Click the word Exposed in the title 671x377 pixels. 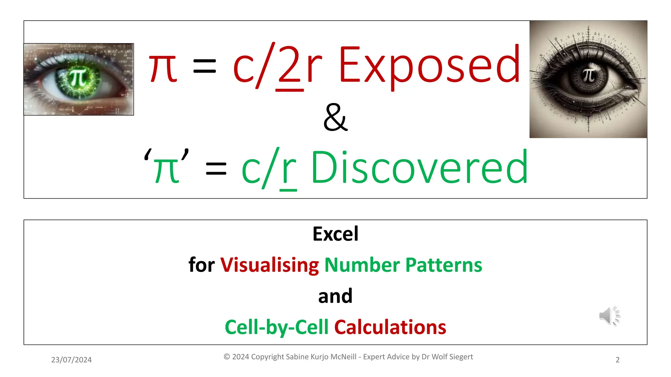[429, 65]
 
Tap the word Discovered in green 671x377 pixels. [419, 168]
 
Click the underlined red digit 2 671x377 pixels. [289, 65]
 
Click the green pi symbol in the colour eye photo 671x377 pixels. [78, 78]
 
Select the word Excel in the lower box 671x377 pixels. [335, 234]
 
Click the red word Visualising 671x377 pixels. [269, 265]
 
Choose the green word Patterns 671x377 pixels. [444, 265]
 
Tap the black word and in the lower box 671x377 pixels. [335, 296]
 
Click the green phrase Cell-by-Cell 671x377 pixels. [277, 327]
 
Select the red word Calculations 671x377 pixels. [390, 327]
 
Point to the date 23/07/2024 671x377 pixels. [71, 360]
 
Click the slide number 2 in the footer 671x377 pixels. [618, 360]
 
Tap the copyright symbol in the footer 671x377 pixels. [227, 357]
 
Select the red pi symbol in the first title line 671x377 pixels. [163, 69]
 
